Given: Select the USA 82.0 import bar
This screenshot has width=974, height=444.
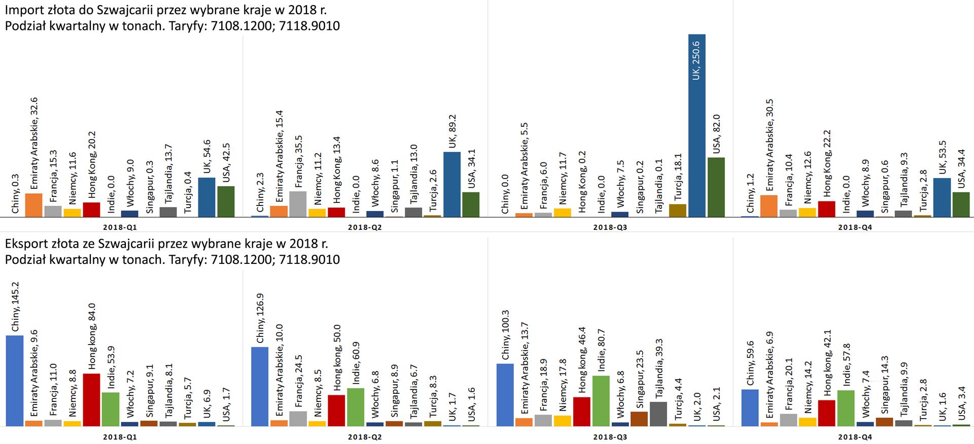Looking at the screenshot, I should pyautogui.click(x=716, y=187).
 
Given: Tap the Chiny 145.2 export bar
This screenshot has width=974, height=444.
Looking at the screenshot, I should pyautogui.click(x=14, y=381).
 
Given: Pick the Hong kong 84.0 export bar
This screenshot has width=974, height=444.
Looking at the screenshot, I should pyautogui.click(x=91, y=400).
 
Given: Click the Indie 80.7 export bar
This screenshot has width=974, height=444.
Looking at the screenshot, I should pyautogui.click(x=601, y=401).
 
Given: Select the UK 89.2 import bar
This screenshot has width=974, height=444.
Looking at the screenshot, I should pyautogui.click(x=452, y=185).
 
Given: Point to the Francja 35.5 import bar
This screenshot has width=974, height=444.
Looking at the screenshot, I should pyautogui.click(x=298, y=204).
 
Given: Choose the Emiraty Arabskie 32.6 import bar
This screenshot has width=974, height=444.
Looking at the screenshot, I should pyautogui.click(x=33, y=206).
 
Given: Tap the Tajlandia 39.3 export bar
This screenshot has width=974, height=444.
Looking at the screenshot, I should pyautogui.click(x=658, y=414).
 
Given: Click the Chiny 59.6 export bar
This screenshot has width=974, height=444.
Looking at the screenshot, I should pyautogui.click(x=750, y=407).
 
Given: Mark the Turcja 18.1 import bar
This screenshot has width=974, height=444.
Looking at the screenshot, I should pyautogui.click(x=677, y=211).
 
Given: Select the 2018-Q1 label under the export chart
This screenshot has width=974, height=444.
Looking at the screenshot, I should pyautogui.click(x=120, y=436).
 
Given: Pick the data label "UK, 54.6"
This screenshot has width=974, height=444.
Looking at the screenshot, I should pyautogui.click(x=206, y=157).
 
